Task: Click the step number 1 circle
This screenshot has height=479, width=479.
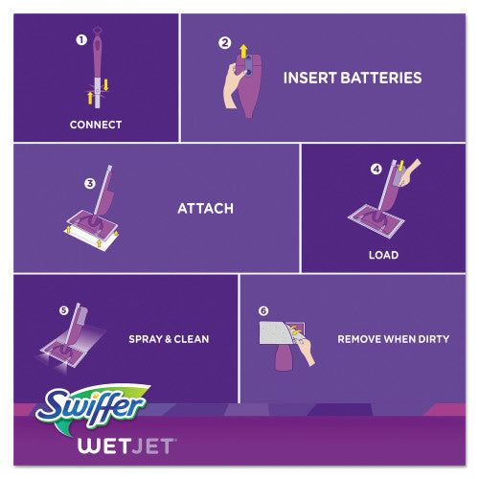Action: pos(80,40)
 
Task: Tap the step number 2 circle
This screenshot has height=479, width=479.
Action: pos(225,42)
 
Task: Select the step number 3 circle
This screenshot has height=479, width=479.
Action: pos(88,183)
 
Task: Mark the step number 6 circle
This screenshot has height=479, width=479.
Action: pos(264,311)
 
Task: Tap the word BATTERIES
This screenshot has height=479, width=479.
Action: pos(380,77)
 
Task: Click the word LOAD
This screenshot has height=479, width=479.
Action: pos(384,255)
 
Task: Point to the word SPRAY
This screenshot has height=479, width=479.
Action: pos(147,339)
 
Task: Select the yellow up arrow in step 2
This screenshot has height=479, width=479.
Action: pos(242,50)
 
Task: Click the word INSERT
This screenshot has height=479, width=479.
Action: pos(313,77)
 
